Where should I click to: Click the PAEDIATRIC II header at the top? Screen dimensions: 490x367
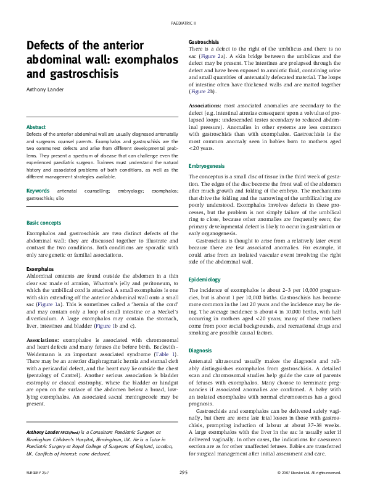coord(183,22)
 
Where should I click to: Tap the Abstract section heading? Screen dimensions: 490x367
coord(36,127)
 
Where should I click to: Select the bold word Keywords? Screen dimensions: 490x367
coord(38,192)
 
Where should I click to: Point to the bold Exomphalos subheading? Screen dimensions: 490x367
coord(40,270)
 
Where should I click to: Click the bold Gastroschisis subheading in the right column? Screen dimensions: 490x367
coord(204,41)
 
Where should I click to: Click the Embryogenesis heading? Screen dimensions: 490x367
coord(207,167)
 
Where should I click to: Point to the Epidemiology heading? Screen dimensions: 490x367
coord(204,280)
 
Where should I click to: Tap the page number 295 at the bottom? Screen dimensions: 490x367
coord(183,473)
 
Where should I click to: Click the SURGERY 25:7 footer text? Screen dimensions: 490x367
coord(39,473)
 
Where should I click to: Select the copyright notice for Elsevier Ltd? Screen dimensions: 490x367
coord(308,473)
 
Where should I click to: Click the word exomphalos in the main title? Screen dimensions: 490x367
coord(130,60)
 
